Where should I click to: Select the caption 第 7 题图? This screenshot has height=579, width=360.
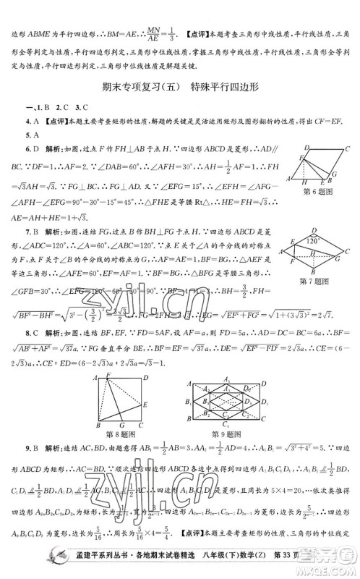coord(319,281)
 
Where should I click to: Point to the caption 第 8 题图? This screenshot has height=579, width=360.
coord(124,434)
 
